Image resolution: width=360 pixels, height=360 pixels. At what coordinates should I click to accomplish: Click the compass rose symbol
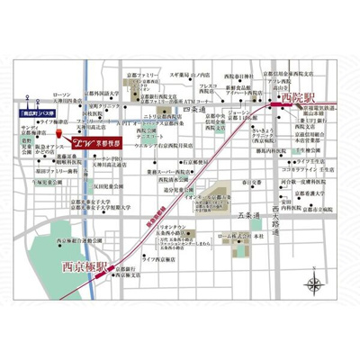pos(315,286)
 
